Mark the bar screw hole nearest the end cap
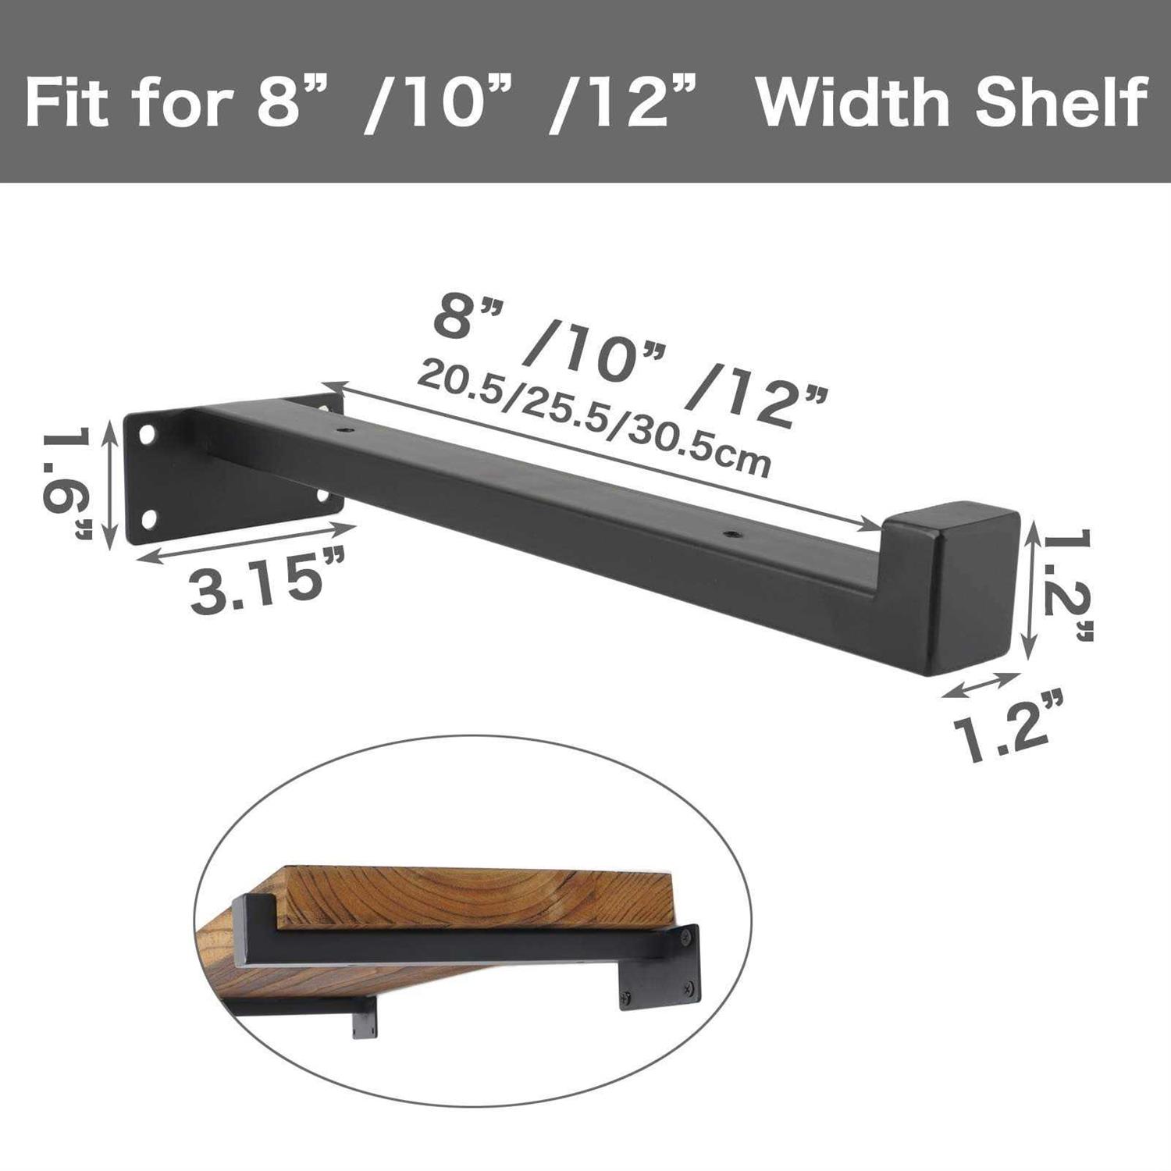click(731, 534)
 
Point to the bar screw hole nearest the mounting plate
click(344, 429)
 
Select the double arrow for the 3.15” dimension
click(246, 543)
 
